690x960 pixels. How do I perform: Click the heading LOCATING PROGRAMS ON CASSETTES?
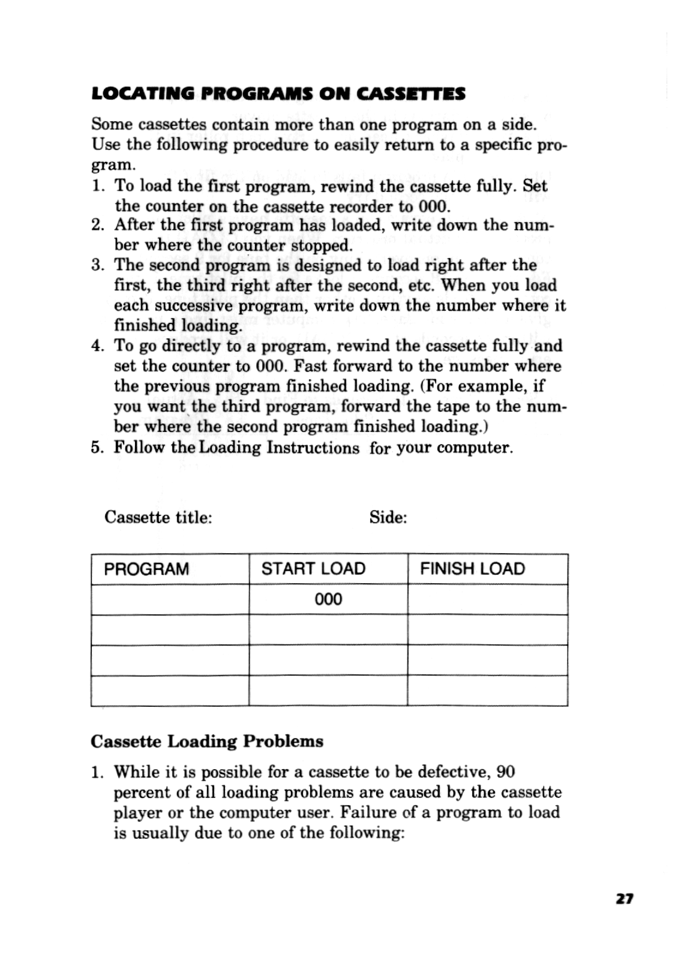(278, 94)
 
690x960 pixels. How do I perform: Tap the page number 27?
(624, 899)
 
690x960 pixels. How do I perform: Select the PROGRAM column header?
(146, 569)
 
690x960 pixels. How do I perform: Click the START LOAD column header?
(313, 569)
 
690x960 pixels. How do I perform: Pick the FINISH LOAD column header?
(472, 569)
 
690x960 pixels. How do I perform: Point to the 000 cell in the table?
(328, 599)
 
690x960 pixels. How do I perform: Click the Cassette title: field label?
(158, 517)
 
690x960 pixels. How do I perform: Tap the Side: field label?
(388, 517)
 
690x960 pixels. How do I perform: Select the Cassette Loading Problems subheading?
(207, 742)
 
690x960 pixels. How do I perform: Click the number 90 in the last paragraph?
(506, 772)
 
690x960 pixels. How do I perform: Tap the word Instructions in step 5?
(313, 448)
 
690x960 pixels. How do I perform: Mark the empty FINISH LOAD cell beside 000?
(487, 599)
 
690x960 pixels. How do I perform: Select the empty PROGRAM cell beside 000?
(170, 599)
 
